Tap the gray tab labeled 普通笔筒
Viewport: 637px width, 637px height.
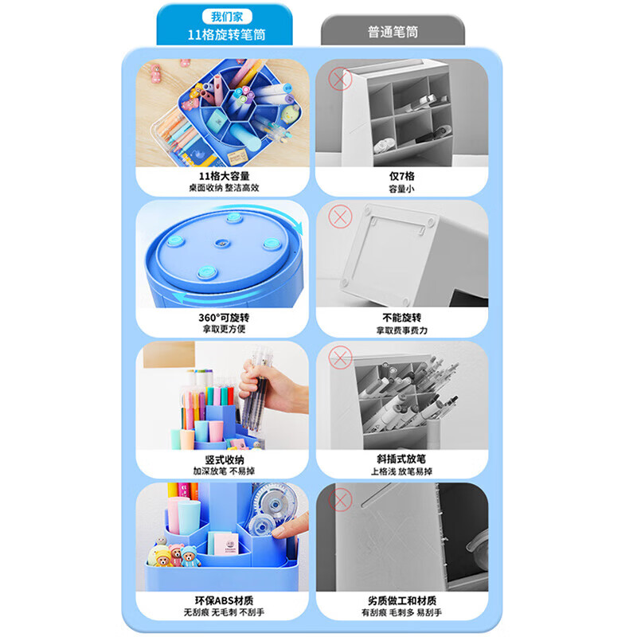pyautogui.click(x=404, y=33)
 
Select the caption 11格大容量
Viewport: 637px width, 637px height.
pyautogui.click(x=224, y=176)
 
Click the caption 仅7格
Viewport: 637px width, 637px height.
pyautogui.click(x=401, y=176)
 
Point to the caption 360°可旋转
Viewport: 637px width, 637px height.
pyautogui.click(x=224, y=317)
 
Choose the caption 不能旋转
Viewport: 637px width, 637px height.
pyautogui.click(x=401, y=317)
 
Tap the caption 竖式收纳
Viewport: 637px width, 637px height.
pyautogui.click(x=224, y=459)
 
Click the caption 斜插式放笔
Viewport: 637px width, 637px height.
pyautogui.click(x=401, y=459)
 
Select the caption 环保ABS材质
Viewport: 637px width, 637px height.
pyautogui.click(x=224, y=600)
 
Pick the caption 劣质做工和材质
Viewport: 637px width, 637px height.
pyautogui.click(x=401, y=600)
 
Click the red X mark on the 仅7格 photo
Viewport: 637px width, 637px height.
pyautogui.click(x=341, y=79)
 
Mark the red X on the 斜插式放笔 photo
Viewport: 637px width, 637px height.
pyautogui.click(x=341, y=359)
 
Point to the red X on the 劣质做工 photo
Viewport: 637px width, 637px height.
pyautogui.click(x=341, y=500)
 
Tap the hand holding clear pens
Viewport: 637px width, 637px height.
pyautogui.click(x=275, y=398)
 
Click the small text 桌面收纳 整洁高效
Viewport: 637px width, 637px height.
pyautogui.click(x=224, y=189)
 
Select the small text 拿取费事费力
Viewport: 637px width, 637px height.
pyautogui.click(x=401, y=330)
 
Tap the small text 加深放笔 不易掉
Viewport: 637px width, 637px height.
pyautogui.click(x=224, y=471)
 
